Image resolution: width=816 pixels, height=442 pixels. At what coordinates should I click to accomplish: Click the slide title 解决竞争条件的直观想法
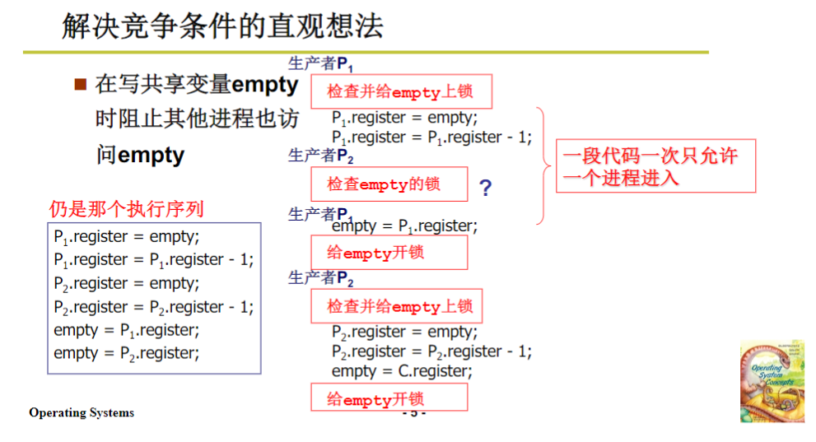(222, 27)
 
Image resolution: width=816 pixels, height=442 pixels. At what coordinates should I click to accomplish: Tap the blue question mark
(486, 188)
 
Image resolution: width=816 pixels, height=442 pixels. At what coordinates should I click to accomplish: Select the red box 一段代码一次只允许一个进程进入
(655, 167)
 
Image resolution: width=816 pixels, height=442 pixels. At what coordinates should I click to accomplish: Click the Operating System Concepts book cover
(772, 381)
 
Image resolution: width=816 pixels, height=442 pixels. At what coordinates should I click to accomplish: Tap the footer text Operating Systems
(82, 412)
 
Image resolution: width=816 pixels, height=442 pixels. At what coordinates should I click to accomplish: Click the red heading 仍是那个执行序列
(126, 208)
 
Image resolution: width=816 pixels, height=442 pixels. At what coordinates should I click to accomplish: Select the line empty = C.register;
(402, 371)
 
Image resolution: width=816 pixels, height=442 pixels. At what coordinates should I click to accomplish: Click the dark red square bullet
(81, 84)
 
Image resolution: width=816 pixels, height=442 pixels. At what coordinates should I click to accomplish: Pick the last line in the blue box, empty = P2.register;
(127, 353)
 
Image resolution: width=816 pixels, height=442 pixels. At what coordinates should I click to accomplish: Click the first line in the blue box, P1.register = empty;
(127, 236)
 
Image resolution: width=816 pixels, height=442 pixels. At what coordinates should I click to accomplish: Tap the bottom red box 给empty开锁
(389, 398)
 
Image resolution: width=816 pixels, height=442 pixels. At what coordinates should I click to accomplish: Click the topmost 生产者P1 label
(320, 63)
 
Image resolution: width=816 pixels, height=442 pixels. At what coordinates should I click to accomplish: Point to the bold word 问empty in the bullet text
(140, 155)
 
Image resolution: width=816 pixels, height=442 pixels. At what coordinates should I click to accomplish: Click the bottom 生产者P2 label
(320, 278)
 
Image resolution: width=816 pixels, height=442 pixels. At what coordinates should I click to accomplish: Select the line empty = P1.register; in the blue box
(127, 330)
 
